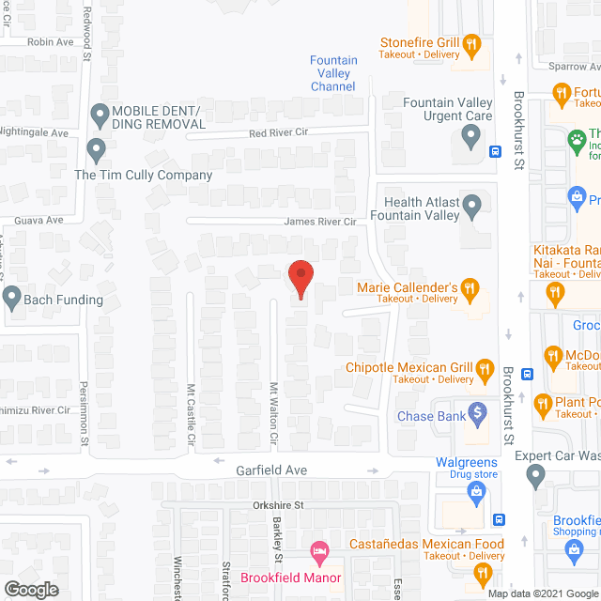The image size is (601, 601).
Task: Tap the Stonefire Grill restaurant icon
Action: point(472,43)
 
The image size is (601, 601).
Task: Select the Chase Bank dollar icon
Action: point(477,411)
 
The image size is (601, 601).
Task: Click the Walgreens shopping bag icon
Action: point(477,489)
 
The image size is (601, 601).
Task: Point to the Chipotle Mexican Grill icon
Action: point(485,367)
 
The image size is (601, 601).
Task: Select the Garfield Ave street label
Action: point(247,469)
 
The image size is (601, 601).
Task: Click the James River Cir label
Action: point(320,223)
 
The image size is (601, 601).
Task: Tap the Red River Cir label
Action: point(279,134)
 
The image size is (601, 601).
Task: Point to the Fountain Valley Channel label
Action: point(333,73)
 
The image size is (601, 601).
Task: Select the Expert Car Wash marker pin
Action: point(536,477)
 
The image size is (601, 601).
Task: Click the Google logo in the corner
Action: point(30,589)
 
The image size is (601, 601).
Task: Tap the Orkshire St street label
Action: point(270,505)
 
